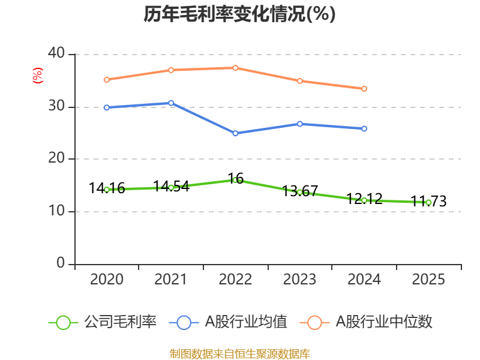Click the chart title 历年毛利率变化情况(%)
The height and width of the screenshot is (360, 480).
tap(239, 14)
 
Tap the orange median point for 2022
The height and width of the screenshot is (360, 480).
tap(235, 68)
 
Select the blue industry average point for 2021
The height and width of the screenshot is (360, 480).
tap(171, 103)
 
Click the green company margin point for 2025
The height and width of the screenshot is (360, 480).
tap(428, 202)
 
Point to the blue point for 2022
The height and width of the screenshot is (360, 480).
tap(235, 133)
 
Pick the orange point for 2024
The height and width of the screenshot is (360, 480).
tap(364, 89)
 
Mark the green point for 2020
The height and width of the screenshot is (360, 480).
tap(107, 190)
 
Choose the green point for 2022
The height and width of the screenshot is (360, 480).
tap(235, 180)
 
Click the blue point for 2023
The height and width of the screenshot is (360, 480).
tap(300, 124)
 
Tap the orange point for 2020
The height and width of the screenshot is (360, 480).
tap(107, 79)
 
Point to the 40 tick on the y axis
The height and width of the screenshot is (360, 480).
tap(56, 54)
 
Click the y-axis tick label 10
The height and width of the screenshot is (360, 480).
tap(56, 212)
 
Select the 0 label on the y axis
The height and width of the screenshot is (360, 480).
tap(61, 264)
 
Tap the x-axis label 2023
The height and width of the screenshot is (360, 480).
tap(299, 280)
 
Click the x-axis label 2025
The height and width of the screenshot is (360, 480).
tap(428, 280)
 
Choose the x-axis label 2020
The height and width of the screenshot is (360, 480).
tap(107, 280)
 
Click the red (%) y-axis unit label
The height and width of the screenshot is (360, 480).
tap(38, 76)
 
